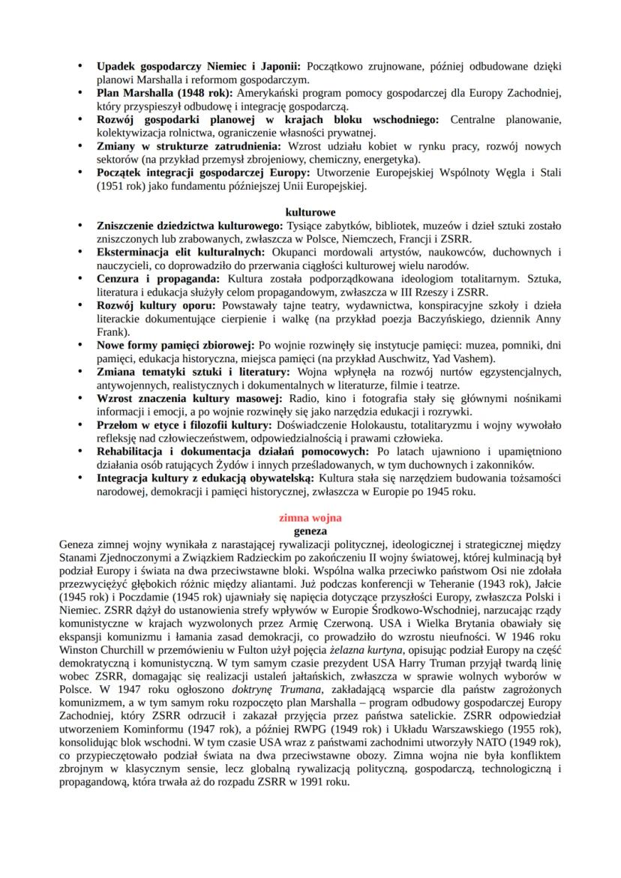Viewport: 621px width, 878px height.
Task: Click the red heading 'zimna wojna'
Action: (x=310, y=517)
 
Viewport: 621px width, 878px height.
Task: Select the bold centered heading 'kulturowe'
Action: (x=310, y=212)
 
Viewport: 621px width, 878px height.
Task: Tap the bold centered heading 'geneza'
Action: (x=310, y=529)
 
